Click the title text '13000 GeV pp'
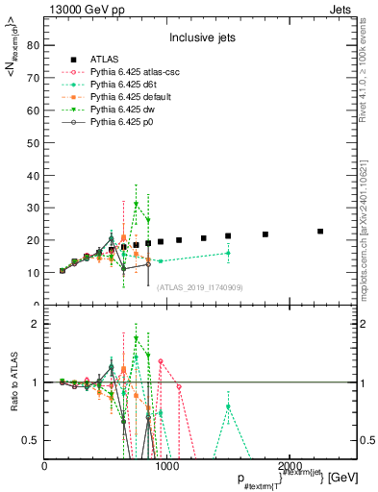79,9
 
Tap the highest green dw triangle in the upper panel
137,204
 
